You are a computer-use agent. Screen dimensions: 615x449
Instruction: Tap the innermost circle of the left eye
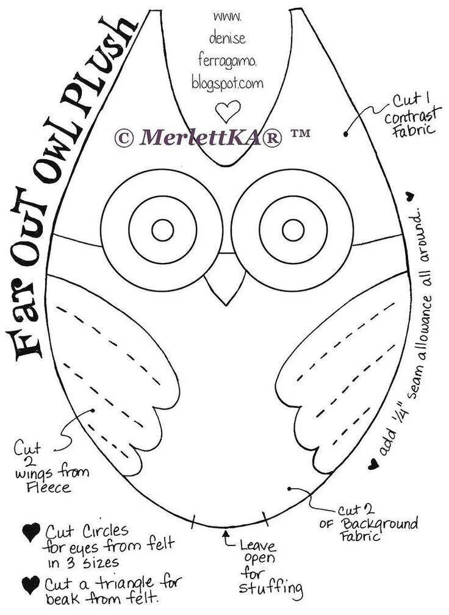coord(162,230)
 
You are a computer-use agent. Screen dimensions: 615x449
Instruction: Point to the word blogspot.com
coord(228,81)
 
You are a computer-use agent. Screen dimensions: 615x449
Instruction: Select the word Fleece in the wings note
coord(48,488)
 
